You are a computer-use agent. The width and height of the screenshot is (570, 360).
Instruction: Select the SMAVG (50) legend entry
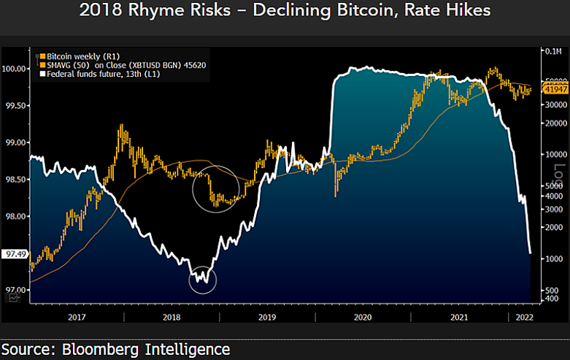click(109, 65)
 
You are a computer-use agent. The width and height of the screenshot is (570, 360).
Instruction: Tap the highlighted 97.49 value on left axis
click(14, 253)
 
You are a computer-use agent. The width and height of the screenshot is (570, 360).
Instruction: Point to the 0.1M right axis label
click(552, 52)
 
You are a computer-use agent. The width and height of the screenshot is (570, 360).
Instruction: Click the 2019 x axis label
click(267, 318)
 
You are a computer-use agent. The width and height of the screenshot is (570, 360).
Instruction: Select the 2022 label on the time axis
click(525, 318)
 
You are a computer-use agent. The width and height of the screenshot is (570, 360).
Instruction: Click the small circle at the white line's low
click(203, 279)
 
